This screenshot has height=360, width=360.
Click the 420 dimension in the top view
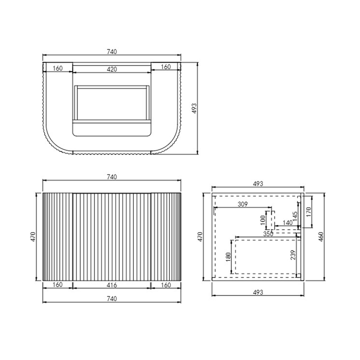112,69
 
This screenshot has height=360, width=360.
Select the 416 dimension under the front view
112,285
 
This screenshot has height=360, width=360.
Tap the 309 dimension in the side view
242,204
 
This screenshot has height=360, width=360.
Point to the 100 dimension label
263,220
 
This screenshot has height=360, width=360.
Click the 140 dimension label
287,222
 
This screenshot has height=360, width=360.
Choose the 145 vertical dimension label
295,216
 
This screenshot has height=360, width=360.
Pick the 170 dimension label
308,211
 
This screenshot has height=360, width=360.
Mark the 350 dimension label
268,233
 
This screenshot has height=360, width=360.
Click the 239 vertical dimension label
293,255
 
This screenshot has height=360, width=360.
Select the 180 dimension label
228,257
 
